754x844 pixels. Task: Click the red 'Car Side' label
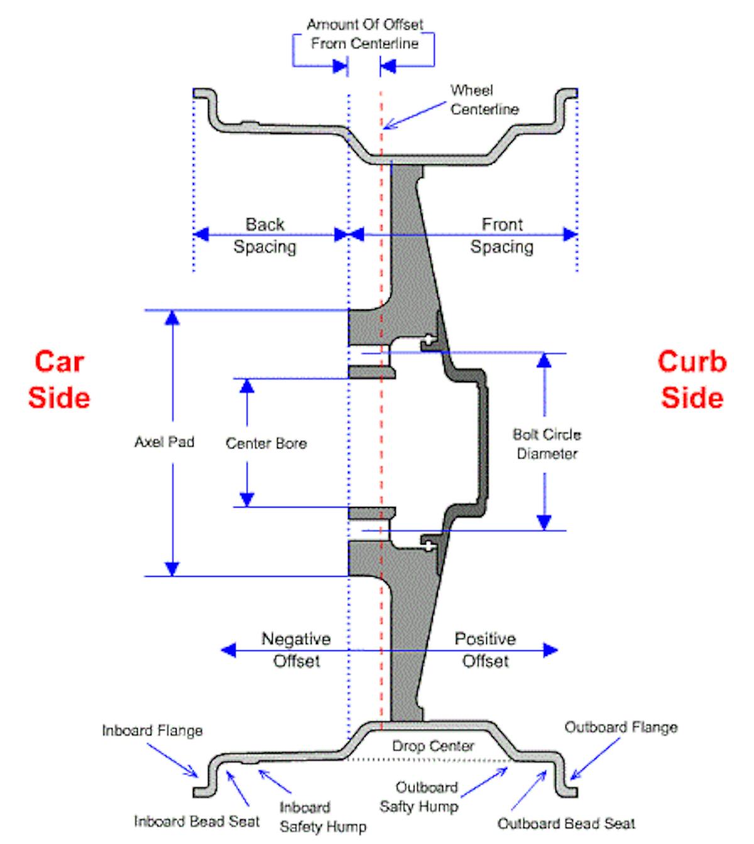59,379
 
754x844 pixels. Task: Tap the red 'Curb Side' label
692,379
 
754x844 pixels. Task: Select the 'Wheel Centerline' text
484,100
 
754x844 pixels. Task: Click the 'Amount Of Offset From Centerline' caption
364,34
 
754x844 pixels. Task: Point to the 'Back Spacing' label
265,235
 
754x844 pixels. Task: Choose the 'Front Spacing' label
501,235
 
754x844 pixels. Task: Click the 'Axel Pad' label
164,442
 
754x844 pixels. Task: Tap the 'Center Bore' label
266,443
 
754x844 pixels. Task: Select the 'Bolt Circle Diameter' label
547,444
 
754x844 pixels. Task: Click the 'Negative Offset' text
296,650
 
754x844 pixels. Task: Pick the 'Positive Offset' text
485,650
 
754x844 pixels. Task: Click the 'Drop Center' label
433,746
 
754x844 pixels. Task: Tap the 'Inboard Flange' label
152,731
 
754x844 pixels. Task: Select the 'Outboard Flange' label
621,728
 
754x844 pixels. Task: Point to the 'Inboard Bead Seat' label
197,821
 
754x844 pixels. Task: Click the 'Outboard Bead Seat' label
566,823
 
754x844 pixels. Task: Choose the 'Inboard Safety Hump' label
322,816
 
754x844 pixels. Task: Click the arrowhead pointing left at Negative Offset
227,650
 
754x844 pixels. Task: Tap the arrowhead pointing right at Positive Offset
550,650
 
